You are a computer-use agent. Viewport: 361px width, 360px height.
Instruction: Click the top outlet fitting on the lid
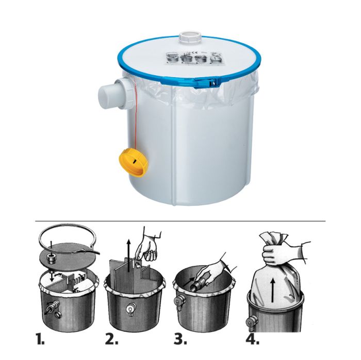(187, 39)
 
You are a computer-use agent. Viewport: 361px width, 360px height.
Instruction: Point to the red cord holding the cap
(137, 118)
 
